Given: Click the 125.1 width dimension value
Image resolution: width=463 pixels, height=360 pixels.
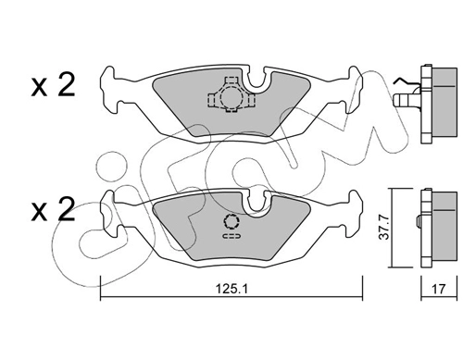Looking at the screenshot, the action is pos(231,289).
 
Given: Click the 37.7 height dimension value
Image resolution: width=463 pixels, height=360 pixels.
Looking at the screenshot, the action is pos(384,228).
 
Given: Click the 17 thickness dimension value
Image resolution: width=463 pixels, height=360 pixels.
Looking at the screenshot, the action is pos(439,289).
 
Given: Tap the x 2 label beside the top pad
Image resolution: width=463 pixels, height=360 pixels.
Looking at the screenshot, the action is pos(53,85).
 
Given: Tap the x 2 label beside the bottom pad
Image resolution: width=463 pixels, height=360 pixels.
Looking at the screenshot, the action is pos(53,210).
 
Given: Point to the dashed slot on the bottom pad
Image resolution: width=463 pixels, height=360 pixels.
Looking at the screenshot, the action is pos(231,236).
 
